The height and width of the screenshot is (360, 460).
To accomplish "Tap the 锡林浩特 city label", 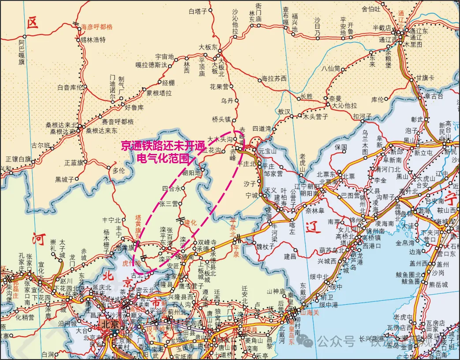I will (x=93, y=39).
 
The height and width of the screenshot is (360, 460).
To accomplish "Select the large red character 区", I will (x=32, y=23).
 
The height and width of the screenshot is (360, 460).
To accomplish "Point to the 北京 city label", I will (x=110, y=324).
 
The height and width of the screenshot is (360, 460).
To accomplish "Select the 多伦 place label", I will (x=119, y=170).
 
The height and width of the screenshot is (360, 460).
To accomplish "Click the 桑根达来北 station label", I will (x=61, y=125).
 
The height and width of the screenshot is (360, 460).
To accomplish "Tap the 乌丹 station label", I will (x=227, y=101).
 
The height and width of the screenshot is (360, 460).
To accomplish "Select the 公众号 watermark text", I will (x=337, y=340).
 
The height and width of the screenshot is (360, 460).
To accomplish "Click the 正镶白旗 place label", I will (x=19, y=158).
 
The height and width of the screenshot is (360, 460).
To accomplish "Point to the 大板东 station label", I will (x=208, y=47).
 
